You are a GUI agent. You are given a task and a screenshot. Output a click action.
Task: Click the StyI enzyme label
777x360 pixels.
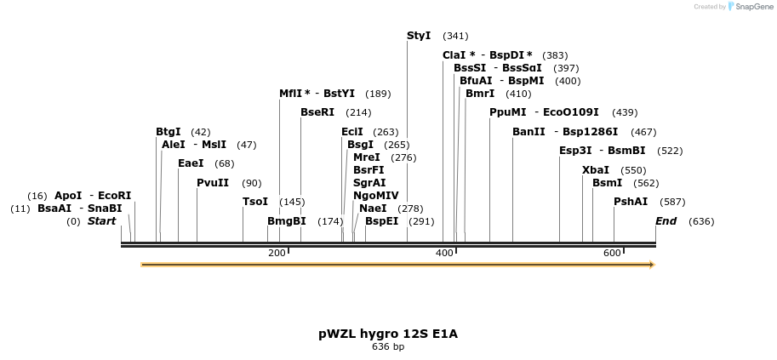(419, 36)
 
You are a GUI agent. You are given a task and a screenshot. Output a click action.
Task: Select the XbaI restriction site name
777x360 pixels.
(595, 170)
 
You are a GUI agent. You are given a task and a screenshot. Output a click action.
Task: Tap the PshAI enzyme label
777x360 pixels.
(631, 202)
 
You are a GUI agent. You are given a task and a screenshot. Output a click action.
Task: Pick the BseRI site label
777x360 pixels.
(317, 112)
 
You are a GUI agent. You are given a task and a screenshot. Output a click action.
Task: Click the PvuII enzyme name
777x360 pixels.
(213, 183)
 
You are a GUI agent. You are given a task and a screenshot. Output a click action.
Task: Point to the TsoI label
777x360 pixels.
(255, 202)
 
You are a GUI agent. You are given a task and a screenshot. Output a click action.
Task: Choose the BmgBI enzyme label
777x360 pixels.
(286, 221)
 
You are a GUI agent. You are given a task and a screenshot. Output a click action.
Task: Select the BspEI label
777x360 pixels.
(381, 221)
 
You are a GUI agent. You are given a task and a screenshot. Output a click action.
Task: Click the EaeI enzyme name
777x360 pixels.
(191, 163)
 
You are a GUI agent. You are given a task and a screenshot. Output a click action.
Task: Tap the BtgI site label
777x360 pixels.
(169, 132)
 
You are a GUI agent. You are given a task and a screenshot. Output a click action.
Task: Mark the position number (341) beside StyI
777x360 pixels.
(455, 36)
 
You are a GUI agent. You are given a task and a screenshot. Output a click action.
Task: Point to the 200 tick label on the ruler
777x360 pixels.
(276, 254)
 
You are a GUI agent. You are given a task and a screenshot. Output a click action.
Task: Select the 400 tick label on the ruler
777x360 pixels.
(444, 254)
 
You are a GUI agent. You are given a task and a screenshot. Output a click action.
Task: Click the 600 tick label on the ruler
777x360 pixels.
(612, 254)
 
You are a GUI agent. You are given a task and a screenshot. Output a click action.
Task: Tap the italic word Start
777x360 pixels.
(101, 221)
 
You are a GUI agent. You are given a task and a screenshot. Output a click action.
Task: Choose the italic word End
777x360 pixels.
(666, 221)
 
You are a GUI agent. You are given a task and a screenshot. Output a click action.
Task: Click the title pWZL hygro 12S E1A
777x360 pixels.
(388, 334)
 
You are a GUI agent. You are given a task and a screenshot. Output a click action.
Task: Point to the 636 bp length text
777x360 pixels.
(388, 347)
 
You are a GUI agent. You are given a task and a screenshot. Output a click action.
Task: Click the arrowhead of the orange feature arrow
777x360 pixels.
(651, 265)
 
